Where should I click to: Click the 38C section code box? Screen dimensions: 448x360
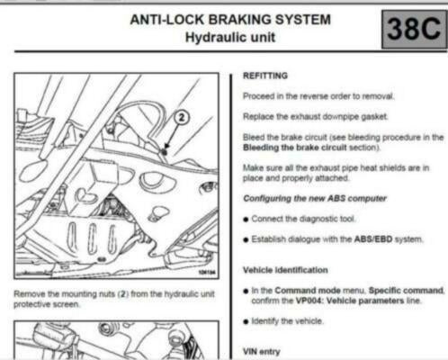point(414,29)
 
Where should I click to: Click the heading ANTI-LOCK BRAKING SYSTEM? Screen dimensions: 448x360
point(230,20)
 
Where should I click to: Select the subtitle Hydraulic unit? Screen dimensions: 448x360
point(230,38)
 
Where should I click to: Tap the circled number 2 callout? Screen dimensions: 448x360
point(182,117)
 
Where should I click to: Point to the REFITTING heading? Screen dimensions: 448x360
point(265,76)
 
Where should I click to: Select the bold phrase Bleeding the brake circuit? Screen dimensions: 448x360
point(295,148)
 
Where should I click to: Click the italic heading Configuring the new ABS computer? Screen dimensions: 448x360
point(315,198)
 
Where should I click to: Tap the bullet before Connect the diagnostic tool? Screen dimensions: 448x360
point(246,220)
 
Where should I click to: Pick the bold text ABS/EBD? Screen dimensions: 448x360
point(373,239)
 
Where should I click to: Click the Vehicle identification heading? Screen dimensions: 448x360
point(285,270)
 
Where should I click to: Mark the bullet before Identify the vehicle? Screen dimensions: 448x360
point(246,322)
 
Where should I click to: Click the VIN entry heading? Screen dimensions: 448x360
point(262,351)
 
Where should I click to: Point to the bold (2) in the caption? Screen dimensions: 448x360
point(122,293)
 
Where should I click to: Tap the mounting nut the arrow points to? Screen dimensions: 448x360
point(165,152)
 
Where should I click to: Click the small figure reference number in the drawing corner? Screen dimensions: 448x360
point(207,272)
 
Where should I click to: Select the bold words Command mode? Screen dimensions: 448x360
point(308,291)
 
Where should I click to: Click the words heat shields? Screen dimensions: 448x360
point(382,167)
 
